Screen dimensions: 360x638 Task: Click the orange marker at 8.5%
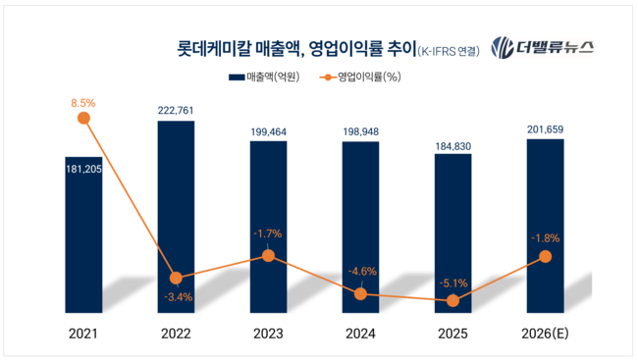(x=83, y=118)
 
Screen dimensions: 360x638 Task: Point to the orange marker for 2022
(x=176, y=278)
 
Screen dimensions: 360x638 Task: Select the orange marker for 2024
(x=360, y=293)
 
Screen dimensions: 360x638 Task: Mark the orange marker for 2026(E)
(x=546, y=257)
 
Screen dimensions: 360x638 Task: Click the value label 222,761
(x=176, y=110)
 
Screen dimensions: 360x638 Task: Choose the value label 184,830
(x=452, y=143)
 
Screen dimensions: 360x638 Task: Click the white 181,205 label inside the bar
(x=83, y=168)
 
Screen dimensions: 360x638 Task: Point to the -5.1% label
(x=452, y=284)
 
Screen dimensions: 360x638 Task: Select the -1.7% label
(x=268, y=233)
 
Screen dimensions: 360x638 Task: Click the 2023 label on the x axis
(x=268, y=334)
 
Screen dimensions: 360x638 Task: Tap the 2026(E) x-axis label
(x=546, y=334)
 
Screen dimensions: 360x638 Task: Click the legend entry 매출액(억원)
(x=264, y=77)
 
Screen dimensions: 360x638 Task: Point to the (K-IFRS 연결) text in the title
(x=450, y=50)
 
